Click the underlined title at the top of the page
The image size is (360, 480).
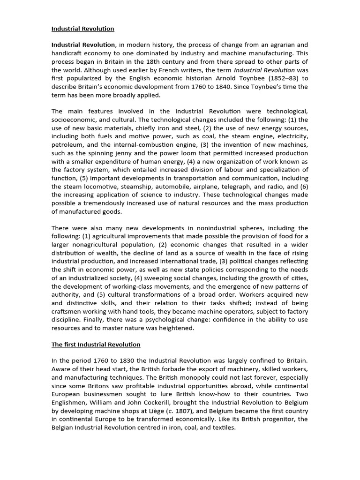point(82,29)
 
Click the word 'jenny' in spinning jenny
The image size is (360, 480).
point(121,153)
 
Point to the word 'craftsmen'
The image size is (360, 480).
point(67,311)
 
